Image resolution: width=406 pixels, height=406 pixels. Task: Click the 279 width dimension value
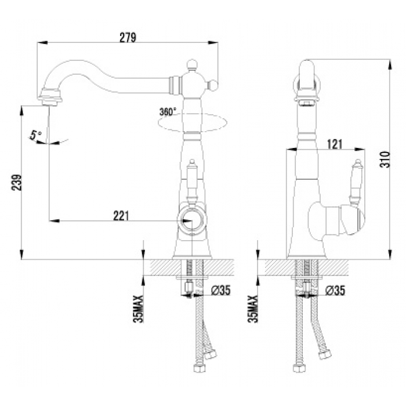128,37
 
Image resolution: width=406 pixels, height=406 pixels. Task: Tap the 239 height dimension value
16,183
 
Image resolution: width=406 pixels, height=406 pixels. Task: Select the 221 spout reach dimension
121,215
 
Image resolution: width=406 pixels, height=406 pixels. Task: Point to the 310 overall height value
385,159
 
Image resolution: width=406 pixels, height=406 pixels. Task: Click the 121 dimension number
335,144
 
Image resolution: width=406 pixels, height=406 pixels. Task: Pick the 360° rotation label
168,111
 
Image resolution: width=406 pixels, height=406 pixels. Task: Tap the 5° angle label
35,135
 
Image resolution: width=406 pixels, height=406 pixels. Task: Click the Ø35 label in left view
220,290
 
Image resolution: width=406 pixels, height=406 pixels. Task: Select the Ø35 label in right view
335,290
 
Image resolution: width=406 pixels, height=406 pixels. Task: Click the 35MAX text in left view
138,309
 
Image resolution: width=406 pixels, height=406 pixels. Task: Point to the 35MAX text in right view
253,309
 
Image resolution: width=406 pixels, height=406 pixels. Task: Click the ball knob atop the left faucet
192,64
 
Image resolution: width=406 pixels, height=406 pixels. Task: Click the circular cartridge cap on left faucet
192,220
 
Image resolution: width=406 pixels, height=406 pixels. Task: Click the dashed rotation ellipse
192,123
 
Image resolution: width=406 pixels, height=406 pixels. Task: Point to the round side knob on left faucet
213,85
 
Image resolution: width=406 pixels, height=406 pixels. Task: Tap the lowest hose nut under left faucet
199,368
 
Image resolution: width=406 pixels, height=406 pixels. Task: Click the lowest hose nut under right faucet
299,368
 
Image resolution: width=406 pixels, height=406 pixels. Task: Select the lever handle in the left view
192,181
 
